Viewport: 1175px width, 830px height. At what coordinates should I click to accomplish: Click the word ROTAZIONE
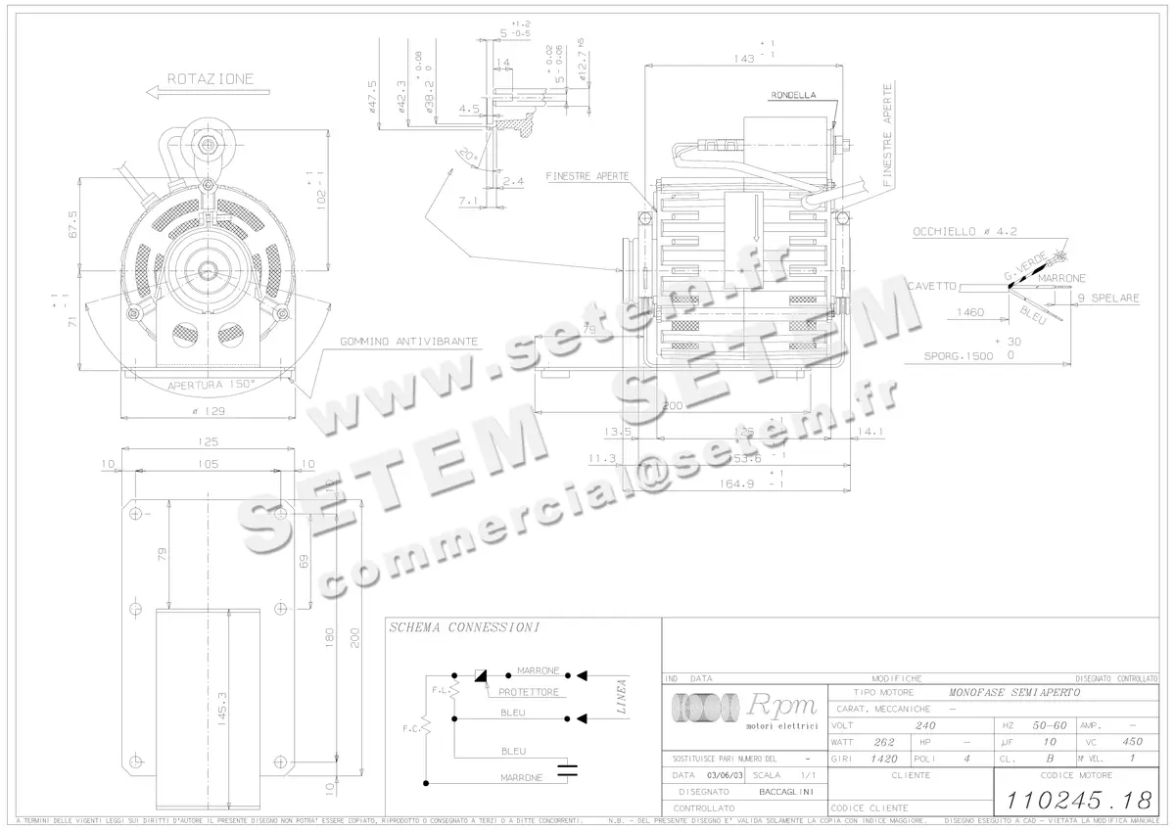[x=210, y=78]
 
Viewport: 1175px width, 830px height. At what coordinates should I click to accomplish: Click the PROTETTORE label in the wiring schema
[x=528, y=692]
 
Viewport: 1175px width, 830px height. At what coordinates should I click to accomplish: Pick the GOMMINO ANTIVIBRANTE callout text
[x=409, y=342]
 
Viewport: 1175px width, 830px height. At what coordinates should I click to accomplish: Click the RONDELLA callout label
[x=793, y=95]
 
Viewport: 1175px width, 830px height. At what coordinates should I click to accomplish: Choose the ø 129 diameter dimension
[x=210, y=410]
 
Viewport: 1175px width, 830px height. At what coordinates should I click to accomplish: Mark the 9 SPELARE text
[x=1108, y=299]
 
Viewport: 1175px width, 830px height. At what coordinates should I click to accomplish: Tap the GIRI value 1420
[x=884, y=759]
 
